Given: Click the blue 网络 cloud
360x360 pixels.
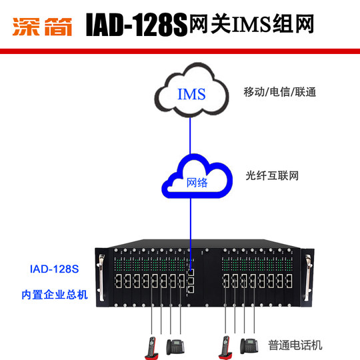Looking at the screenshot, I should pos(197,180).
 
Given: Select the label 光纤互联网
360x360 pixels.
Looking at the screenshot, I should pos(269,176).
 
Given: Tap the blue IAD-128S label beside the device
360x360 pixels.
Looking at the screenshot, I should pos(54,270).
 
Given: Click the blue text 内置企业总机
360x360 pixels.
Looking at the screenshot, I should pos(54,294).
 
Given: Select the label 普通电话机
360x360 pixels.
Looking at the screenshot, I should pos(295,345).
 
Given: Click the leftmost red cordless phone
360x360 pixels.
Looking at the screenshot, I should pos(151,346).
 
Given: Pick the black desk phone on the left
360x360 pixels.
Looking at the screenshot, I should pos(175,347).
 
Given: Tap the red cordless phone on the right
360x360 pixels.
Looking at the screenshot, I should pos(226,346).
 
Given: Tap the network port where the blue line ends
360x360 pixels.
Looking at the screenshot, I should pos(192,271).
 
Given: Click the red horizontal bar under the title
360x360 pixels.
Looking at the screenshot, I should pos(180,51).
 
